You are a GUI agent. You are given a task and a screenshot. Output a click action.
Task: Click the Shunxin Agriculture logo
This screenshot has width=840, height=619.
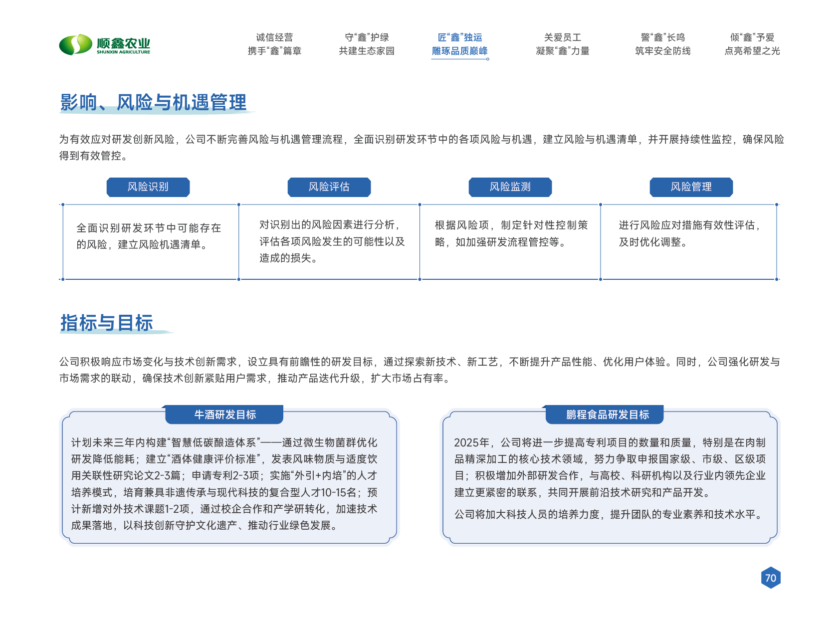click(x=104, y=45)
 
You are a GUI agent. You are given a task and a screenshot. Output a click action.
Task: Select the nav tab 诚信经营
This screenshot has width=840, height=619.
click(x=274, y=44)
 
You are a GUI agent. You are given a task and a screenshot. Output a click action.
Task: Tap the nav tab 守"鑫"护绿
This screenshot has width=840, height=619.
click(x=367, y=44)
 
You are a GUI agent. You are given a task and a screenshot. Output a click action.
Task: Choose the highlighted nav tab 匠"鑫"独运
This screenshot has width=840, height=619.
click(x=460, y=44)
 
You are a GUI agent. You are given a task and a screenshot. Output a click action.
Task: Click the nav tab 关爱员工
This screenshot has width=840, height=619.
click(x=563, y=44)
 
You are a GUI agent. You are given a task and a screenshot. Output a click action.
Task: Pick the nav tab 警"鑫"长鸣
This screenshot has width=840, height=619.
click(x=663, y=44)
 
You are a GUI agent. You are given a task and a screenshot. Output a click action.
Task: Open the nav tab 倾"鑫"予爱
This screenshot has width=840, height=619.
click(x=752, y=44)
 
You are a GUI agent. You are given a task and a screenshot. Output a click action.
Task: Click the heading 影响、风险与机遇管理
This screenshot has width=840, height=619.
click(x=153, y=102)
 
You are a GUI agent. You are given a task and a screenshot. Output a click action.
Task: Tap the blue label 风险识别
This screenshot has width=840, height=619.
click(x=148, y=187)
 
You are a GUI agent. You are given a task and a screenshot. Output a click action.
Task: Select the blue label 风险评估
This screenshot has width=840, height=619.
click(x=329, y=187)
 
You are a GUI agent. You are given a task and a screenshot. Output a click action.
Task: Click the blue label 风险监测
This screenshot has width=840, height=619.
click(x=510, y=187)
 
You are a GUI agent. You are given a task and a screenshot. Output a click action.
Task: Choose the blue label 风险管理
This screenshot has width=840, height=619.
click(x=691, y=187)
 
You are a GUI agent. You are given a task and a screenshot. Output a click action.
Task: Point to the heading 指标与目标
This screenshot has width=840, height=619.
click(x=106, y=323)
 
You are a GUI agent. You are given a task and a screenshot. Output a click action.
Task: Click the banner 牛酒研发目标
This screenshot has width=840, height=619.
click(x=224, y=414)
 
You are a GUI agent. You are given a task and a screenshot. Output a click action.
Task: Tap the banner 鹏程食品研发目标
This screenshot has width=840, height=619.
click(x=607, y=414)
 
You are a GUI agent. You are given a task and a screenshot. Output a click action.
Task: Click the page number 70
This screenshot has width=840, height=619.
click(x=771, y=578)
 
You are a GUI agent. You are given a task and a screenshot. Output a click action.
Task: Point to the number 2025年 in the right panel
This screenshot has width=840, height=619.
click(x=471, y=443)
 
